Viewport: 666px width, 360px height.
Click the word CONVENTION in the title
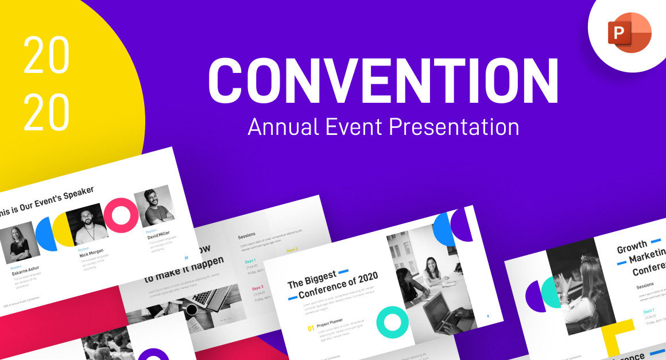[383, 82]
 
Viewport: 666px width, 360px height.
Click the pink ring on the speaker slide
[121, 215]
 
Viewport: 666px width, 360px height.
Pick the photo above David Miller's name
[154, 206]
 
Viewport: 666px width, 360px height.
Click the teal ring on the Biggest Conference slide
[392, 322]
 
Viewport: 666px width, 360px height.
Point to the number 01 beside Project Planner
[311, 329]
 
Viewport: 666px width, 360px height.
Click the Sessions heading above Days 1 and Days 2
[247, 235]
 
